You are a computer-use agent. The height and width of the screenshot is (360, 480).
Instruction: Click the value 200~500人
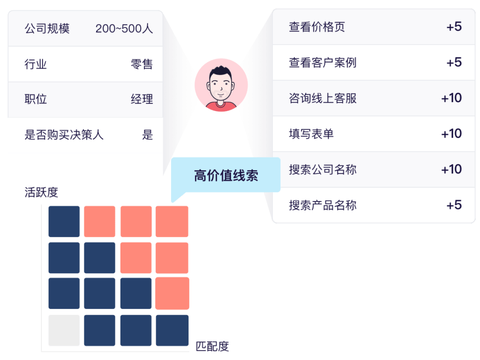pos(124,29)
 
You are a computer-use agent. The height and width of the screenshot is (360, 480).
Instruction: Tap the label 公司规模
pos(47,29)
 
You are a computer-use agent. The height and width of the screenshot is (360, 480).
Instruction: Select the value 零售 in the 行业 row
pos(142,64)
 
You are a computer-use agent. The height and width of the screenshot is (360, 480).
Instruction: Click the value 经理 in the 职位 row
pos(142,99)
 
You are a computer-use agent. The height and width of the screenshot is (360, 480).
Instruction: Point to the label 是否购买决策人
pos(64,135)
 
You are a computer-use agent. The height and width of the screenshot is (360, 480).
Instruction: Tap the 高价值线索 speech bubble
pos(226,175)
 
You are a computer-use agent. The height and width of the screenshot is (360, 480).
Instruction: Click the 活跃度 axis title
pos(41,192)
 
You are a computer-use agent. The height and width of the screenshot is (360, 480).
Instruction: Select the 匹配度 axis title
pos(212,346)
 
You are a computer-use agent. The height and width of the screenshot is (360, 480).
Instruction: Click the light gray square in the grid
pos(64,330)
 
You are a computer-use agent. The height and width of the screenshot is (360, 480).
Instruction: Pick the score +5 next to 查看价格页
pos(454,27)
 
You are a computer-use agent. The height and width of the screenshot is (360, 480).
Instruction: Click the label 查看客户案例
pos(322,62)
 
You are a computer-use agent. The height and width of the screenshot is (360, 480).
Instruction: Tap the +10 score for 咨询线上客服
pos(451,98)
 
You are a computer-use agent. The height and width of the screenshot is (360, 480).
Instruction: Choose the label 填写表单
pos(311,134)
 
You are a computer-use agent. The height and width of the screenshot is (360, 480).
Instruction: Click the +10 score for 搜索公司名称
pos(451,169)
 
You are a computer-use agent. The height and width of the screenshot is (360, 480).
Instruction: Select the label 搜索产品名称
pos(322,205)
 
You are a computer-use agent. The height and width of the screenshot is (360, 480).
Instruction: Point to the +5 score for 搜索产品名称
pos(454,205)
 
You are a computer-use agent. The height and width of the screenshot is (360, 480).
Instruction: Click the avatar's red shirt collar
pos(221,105)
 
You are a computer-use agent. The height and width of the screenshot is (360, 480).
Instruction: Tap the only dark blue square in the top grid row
pos(64,221)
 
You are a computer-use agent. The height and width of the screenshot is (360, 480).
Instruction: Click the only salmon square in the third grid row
pos(172,293)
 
